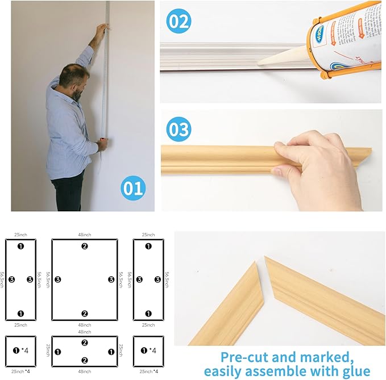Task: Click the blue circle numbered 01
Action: point(132,189)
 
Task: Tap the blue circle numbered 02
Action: point(178,22)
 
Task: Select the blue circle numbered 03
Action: point(179,130)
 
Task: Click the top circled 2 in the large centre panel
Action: point(85,246)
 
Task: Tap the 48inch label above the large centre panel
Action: point(85,235)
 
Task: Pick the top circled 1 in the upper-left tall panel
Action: point(21,246)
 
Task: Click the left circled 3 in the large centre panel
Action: point(58,279)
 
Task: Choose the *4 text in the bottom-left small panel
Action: point(25,350)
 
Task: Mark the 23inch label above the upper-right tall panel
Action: point(148,235)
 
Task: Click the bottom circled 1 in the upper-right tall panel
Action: point(148,314)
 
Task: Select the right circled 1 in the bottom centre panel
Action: point(111,352)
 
